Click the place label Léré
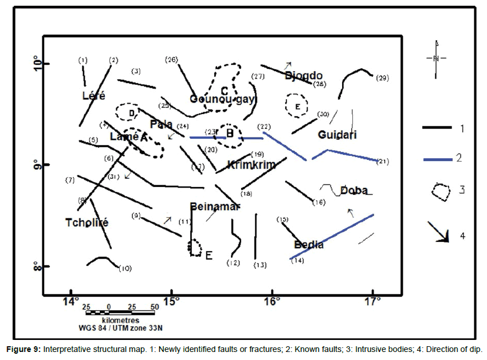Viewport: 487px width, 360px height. [x=94, y=96]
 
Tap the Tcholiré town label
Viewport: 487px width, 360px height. [x=87, y=222]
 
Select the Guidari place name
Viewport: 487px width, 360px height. [x=337, y=135]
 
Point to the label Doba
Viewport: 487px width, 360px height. [x=354, y=190]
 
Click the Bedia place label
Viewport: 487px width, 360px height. [x=309, y=245]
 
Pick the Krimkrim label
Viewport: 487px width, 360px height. [x=251, y=165]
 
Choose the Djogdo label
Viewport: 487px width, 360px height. [x=304, y=76]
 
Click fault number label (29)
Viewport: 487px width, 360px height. [x=382, y=78]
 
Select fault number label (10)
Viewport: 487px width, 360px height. [x=125, y=268]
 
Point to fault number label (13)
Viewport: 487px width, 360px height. [x=260, y=265]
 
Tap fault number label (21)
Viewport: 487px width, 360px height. [x=383, y=162]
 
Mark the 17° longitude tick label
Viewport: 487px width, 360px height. [x=372, y=301]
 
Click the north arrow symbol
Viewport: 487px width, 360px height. [x=437, y=57]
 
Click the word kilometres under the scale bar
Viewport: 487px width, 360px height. [x=120, y=320]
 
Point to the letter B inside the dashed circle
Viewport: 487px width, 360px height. [x=229, y=134]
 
